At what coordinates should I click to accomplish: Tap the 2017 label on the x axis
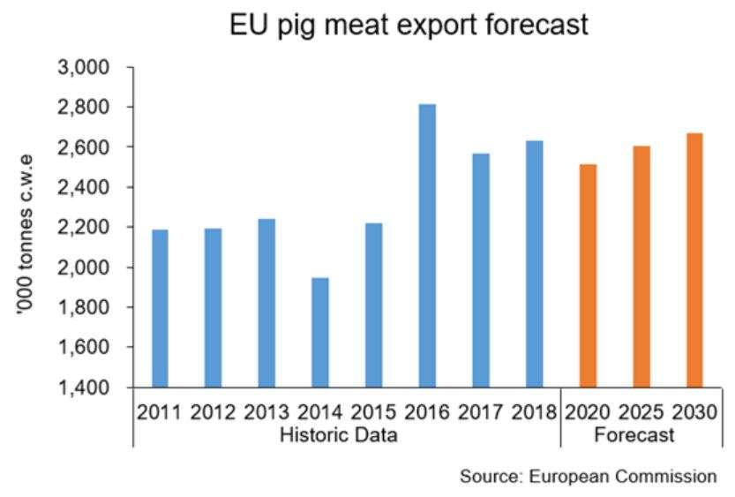[x=481, y=412]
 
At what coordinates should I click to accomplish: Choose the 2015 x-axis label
[x=374, y=412]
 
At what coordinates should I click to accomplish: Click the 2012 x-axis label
[x=214, y=412]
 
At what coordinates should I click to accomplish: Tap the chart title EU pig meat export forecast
[x=408, y=25]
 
